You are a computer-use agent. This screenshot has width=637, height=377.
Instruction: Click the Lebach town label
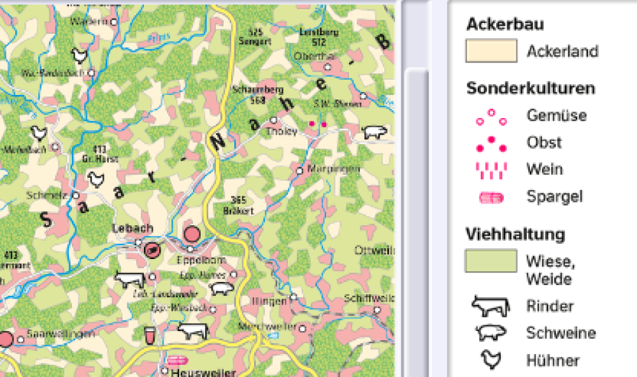point(132,228)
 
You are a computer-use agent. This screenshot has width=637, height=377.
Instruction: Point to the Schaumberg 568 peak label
point(248,94)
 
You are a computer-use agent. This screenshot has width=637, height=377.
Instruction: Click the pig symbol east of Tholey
point(375,132)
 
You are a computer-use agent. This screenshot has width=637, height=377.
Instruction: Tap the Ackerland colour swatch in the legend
point(490,51)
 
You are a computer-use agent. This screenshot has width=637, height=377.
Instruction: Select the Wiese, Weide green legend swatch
point(490,261)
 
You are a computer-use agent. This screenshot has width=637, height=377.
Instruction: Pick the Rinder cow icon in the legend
point(490,306)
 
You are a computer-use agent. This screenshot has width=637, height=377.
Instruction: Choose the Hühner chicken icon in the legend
point(491,360)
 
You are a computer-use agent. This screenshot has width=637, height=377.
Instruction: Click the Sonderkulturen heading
point(531,88)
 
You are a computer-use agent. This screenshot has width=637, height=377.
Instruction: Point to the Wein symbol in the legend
point(491,170)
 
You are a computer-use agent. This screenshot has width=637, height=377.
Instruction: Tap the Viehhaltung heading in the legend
point(515,234)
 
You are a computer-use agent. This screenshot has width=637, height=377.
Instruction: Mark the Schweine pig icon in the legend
point(491,333)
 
